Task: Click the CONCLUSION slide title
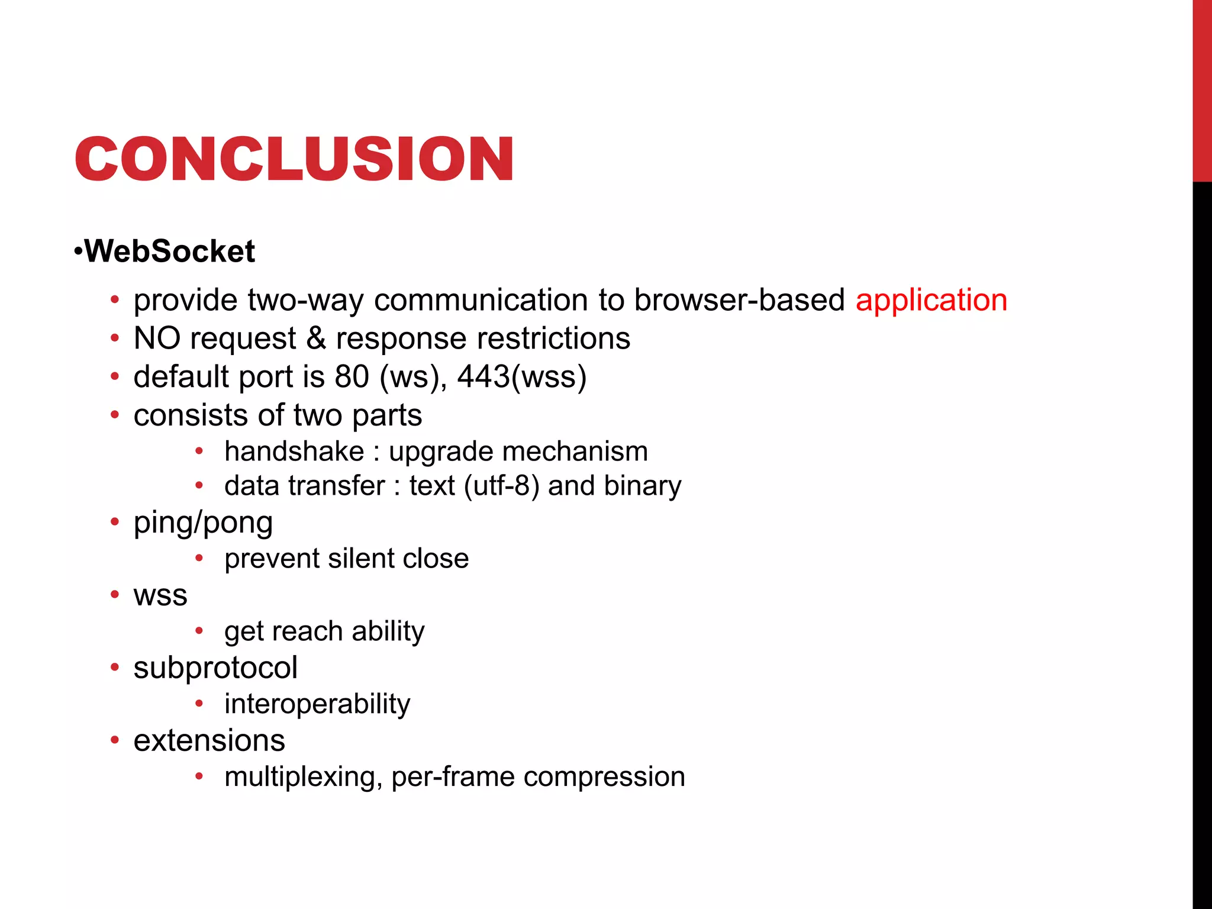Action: tap(294, 159)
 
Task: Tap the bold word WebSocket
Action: tap(169, 251)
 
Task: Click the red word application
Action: tap(931, 300)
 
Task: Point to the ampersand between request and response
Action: tap(316, 339)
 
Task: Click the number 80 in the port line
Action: tap(352, 377)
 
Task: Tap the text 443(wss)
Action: tap(521, 377)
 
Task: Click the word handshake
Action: tap(294, 452)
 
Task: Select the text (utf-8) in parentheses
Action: tap(502, 486)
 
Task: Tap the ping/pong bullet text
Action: tap(203, 523)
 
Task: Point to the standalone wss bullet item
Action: tap(160, 596)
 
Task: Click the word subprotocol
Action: tap(215, 668)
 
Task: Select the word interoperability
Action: tap(317, 704)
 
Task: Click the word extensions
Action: tap(209, 741)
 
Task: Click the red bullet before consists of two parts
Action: tap(115, 415)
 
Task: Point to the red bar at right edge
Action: tap(1202, 89)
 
